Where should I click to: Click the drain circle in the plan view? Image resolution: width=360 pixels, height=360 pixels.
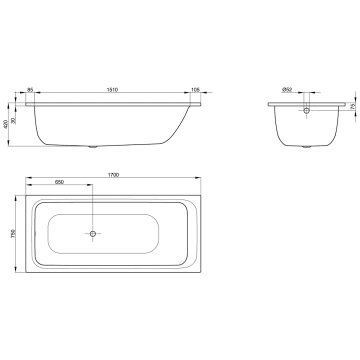click(x=93, y=235)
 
